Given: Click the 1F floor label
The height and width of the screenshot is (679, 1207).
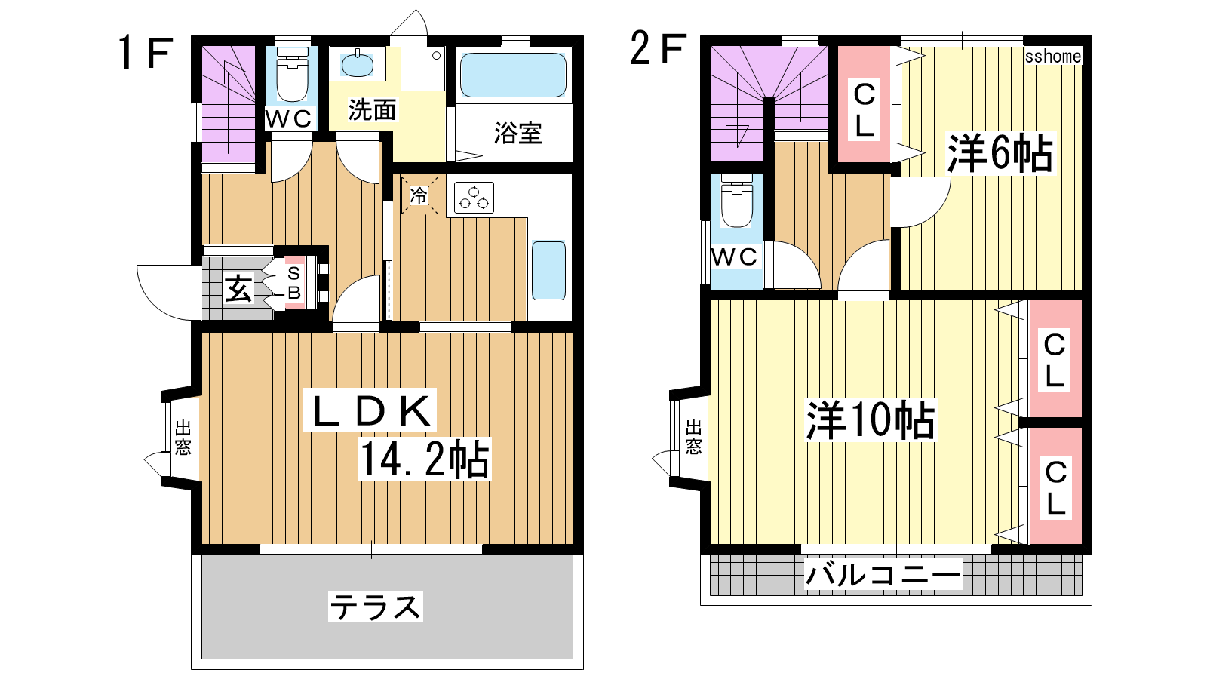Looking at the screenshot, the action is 146,52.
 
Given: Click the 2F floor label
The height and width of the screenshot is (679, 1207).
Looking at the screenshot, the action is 659,48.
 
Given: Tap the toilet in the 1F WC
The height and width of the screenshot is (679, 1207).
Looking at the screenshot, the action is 292,75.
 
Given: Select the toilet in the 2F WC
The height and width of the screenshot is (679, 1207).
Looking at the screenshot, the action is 736,201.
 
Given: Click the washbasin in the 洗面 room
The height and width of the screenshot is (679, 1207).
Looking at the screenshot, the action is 357,65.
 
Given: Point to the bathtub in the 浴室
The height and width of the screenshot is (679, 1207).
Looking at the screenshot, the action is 513,75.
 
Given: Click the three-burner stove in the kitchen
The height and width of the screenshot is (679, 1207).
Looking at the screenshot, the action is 474,198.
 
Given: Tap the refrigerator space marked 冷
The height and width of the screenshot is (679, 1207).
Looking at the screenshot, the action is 419,195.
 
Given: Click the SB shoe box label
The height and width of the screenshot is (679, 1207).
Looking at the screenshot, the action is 294,282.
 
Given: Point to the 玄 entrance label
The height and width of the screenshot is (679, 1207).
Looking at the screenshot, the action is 238,289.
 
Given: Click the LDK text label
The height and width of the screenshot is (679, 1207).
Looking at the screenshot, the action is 370,410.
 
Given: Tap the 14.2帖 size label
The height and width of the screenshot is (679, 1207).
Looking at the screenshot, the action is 425,459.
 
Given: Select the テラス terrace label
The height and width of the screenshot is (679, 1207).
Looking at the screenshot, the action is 376,607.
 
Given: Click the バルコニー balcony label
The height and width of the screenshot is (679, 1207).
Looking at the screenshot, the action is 883,574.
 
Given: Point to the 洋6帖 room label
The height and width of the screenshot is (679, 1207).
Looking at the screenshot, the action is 1000,154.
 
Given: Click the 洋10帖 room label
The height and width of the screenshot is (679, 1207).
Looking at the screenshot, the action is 871,419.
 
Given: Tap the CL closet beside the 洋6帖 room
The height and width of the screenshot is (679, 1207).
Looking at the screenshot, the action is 864,105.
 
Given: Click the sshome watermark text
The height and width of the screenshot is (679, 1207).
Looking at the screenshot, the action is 1053,56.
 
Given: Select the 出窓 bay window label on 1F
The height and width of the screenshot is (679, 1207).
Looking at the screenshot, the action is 183,438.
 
